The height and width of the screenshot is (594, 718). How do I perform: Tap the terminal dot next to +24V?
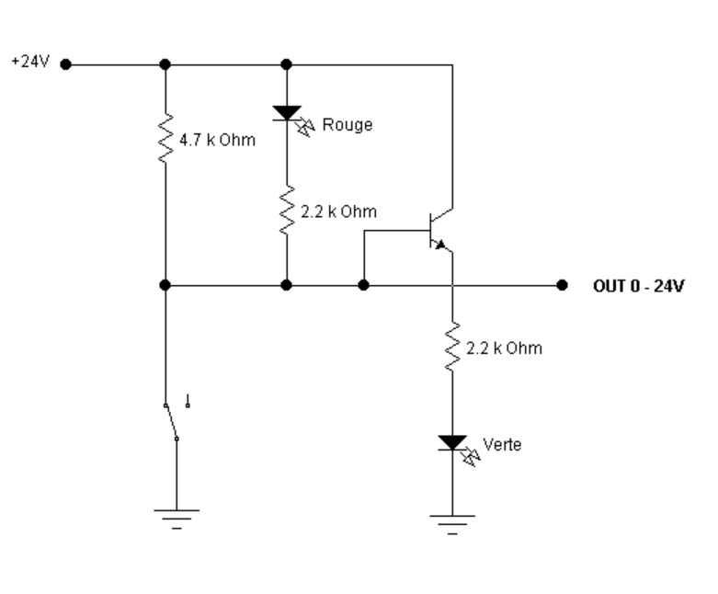coord(64,65)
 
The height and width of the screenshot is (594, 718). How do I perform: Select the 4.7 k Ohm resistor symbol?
coord(165,138)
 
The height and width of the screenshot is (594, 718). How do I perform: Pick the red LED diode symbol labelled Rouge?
coord(287,114)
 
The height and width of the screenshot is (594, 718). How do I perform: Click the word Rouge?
coord(347,125)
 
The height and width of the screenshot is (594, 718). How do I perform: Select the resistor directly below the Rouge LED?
coord(287,212)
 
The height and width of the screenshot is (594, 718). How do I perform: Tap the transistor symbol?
coord(439,230)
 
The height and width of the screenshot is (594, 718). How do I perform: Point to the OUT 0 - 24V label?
coord(638,286)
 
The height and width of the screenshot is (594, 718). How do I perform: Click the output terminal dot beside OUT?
coord(563,286)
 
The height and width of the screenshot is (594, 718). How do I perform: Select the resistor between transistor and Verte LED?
coord(452,348)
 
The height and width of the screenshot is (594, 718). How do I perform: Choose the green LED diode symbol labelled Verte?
coord(452,443)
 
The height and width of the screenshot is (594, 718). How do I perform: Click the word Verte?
coord(502,445)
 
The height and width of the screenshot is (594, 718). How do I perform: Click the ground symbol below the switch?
coord(177,519)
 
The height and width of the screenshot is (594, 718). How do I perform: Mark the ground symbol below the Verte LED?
coord(452,522)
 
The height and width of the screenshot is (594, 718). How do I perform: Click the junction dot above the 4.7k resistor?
coord(165,65)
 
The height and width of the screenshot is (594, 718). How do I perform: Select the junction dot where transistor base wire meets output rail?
coord(363,286)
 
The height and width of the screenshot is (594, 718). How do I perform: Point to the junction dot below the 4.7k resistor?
coord(165,286)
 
